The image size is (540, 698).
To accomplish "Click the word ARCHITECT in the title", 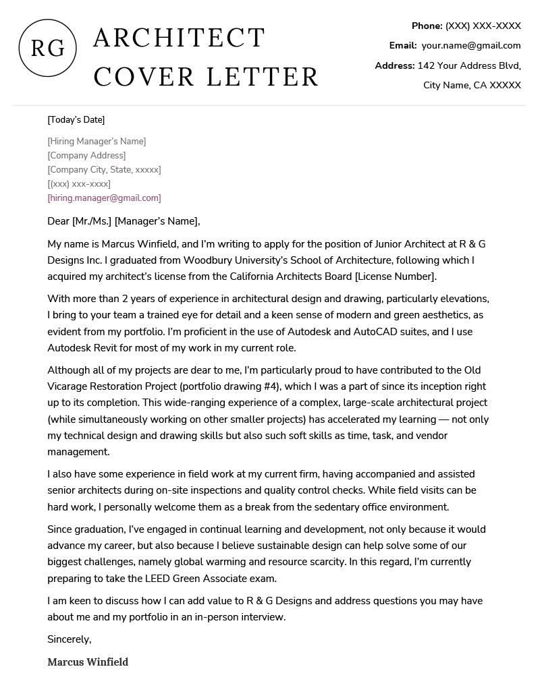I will tap(179, 38).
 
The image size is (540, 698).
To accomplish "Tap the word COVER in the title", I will tap(144, 77).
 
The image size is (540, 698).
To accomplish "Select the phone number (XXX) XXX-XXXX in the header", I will tap(483, 26).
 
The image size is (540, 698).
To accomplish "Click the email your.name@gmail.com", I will tap(471, 45).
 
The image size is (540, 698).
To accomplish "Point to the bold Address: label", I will tap(395, 65).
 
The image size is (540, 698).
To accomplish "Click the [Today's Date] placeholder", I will tap(76, 120).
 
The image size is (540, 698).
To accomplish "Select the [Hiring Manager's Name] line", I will tap(97, 141).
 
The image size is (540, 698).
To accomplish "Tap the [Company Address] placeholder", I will tap(86, 155).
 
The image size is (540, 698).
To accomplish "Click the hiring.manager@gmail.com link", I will tap(104, 198).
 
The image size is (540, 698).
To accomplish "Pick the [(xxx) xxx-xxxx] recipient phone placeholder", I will tap(79, 183).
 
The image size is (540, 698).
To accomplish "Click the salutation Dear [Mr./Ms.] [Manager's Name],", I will tap(124, 221).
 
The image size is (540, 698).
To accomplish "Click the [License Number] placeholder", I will tap(396, 276).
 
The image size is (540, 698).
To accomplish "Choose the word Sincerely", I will tap(69, 639).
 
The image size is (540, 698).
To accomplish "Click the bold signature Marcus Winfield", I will tap(88, 662).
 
